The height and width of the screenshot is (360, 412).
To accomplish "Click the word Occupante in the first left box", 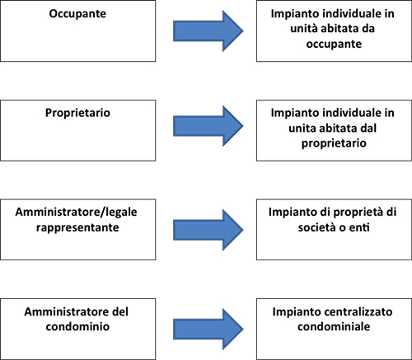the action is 77,14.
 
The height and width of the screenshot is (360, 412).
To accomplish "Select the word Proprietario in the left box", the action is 77,113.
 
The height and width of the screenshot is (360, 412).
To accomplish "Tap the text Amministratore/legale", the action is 76,212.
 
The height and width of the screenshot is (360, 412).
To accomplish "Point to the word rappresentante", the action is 77,227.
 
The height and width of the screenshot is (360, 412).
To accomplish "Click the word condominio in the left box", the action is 77,326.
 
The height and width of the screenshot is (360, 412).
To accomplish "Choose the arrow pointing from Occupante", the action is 208,31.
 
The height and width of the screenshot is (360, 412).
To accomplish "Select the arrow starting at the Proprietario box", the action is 208,126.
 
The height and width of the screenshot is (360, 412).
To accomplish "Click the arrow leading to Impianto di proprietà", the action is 208,230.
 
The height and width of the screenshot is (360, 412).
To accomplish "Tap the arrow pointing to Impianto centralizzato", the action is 208,329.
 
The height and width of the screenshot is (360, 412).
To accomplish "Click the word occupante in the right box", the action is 334,44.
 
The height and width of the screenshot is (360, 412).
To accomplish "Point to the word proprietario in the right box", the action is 334,143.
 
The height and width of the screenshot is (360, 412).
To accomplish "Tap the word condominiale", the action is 334,326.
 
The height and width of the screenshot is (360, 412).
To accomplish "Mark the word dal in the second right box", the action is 368,129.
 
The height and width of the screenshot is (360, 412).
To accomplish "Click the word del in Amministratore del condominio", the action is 120,311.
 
